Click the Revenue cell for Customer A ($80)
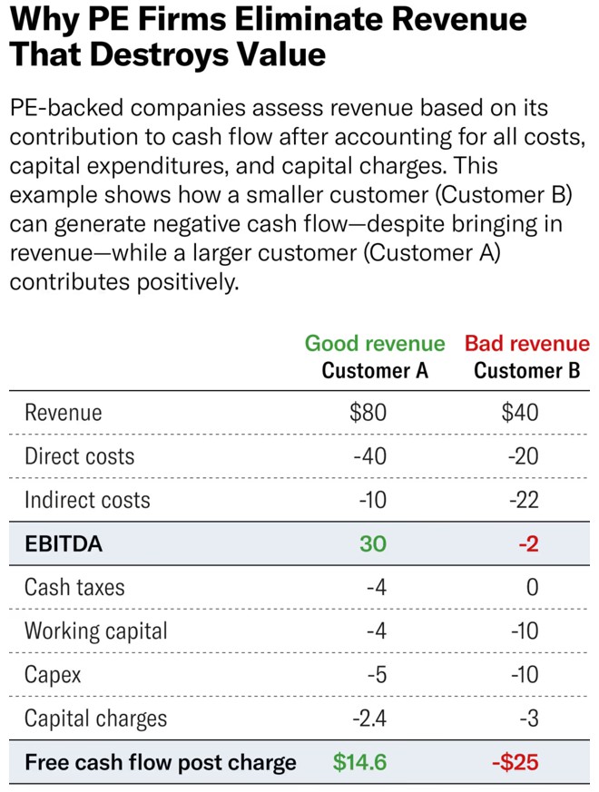[x=368, y=413]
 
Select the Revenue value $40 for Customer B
[x=519, y=413]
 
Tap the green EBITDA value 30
[x=372, y=543]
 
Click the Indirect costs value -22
[x=523, y=500]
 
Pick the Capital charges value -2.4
[x=368, y=719]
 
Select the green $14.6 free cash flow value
[x=359, y=762]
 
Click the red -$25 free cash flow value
[x=515, y=762]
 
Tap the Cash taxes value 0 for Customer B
[x=532, y=587]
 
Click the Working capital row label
[x=95, y=631]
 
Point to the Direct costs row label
[x=79, y=456]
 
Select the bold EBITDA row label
[x=64, y=543]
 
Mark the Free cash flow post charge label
[x=160, y=762]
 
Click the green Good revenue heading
[x=375, y=344]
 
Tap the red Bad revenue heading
[x=526, y=344]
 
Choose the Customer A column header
[x=375, y=370]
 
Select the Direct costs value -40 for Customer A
[x=369, y=456]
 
